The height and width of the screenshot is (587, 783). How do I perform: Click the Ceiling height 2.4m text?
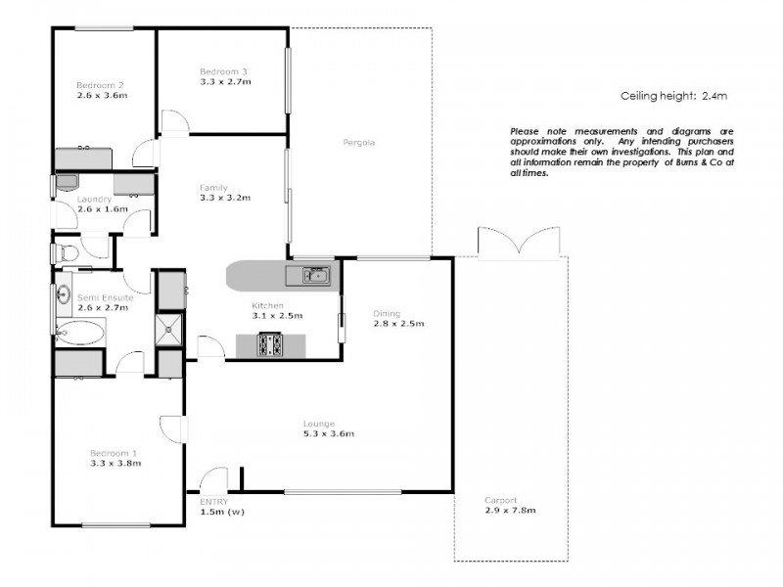coord(673,96)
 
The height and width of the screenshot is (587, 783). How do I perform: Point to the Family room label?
coord(213,187)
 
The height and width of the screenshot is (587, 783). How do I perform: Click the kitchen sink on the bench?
coord(314,275)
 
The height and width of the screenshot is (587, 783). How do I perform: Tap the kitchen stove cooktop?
coord(270,345)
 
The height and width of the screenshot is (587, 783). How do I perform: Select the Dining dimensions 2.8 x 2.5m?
coord(397,324)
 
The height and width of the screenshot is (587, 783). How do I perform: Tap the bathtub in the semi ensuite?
coord(78,334)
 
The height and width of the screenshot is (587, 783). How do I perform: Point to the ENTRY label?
coord(213,500)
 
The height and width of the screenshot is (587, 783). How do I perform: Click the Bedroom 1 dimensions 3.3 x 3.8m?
coord(115,464)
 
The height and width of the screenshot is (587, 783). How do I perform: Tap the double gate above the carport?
coord(510,242)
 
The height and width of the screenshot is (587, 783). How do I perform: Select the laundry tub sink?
coord(67,183)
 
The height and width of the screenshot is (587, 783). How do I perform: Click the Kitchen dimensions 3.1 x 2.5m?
coord(277,316)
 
